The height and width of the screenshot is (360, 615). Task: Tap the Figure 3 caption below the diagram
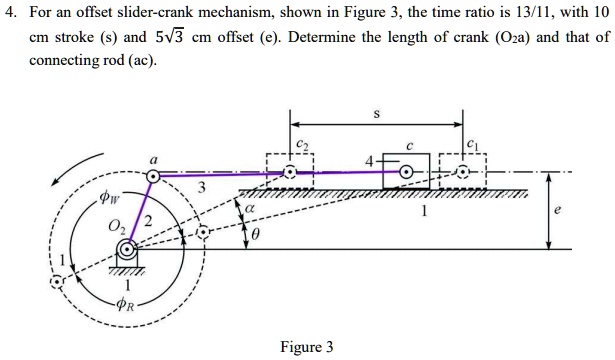pyautogui.click(x=308, y=347)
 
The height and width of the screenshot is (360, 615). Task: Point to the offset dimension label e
pyautogui.click(x=585, y=211)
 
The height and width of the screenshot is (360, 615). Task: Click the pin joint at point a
pyautogui.click(x=152, y=176)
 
